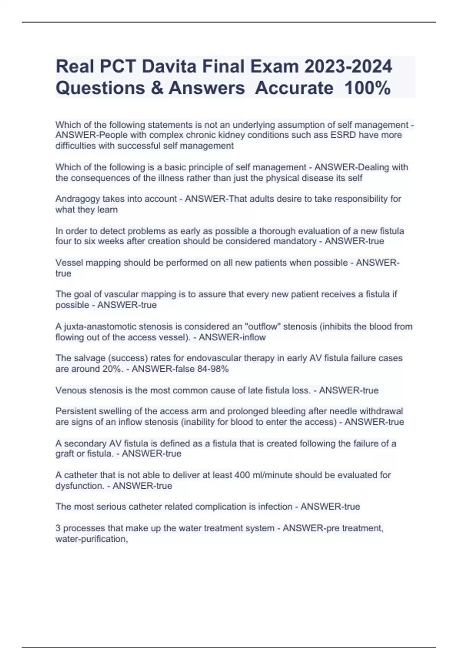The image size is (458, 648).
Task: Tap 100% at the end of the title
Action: pos(367,88)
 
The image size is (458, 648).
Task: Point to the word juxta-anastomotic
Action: pos(100,327)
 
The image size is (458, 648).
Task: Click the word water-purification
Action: pos(91,539)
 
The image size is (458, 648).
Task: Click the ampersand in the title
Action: pos(157,88)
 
